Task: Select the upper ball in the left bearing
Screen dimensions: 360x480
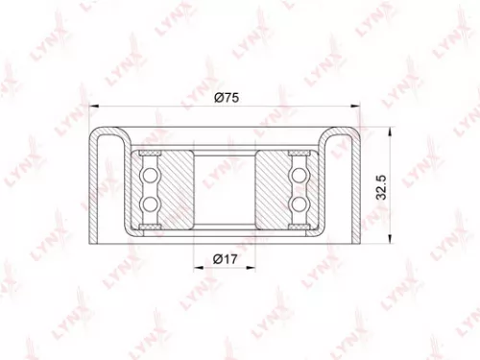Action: [150, 175]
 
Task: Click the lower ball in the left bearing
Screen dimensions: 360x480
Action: [150, 204]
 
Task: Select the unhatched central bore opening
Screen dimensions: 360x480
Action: [226, 189]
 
